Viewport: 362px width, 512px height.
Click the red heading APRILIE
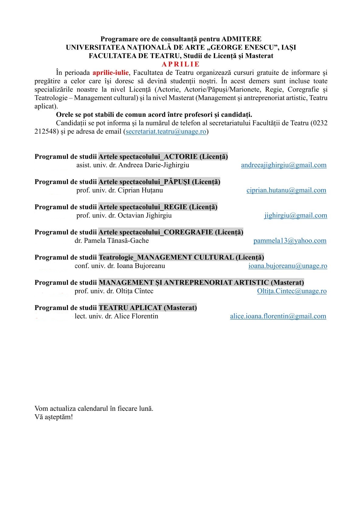[181, 64]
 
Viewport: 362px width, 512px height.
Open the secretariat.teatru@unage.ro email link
[166, 132]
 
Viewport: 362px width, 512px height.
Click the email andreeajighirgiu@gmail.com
[284, 165]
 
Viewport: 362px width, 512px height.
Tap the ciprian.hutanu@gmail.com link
[286, 190]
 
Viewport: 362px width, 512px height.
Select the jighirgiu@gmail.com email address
[295, 216]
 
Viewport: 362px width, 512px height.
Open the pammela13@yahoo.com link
[290, 241]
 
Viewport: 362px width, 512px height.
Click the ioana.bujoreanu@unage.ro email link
[287, 266]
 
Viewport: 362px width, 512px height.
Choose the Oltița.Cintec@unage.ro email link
[292, 291]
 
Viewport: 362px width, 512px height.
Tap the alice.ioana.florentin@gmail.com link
[278, 316]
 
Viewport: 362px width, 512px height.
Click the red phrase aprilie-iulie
[110, 73]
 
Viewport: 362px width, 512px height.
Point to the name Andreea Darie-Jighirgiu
[154, 165]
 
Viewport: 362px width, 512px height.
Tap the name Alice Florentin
[136, 316]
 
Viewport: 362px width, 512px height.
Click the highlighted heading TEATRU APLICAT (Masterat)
[148, 308]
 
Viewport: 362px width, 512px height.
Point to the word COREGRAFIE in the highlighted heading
[188, 232]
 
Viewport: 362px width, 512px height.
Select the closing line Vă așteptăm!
[54, 417]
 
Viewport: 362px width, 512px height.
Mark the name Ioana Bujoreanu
[141, 266]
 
